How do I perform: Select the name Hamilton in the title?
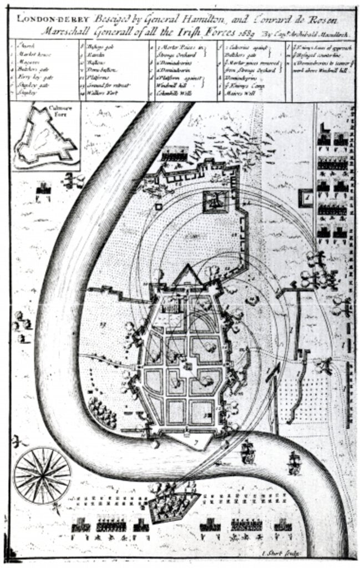pos(166,18)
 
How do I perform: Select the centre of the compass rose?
pos(42,475)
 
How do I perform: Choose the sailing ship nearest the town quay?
pos(249,452)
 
